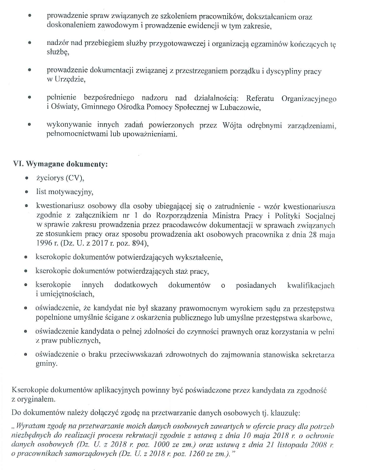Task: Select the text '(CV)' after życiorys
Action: point(75,178)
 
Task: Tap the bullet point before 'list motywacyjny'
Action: point(27,192)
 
